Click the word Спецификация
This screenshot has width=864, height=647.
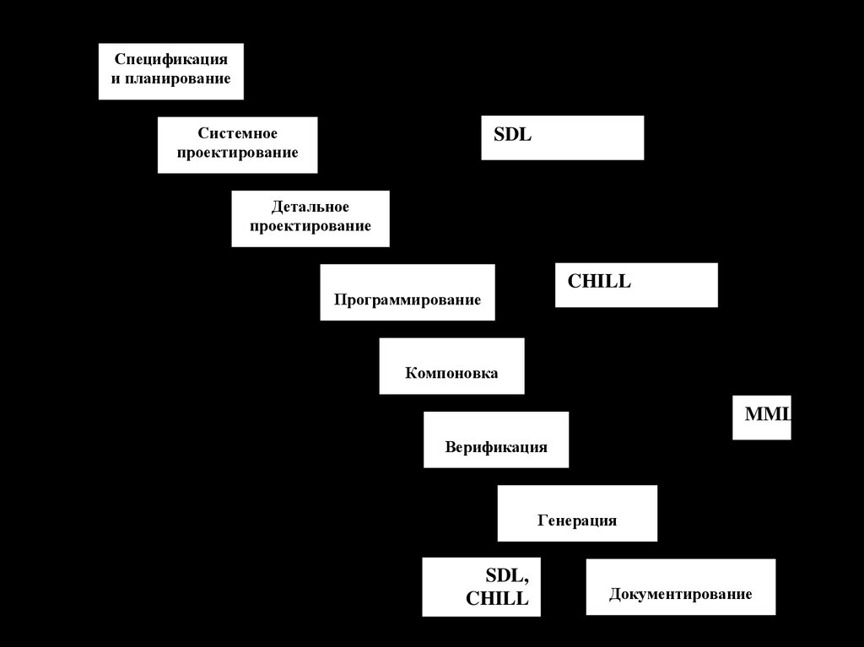coord(170,61)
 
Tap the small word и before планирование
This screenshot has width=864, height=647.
coord(116,79)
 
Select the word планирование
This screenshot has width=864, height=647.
coord(177,79)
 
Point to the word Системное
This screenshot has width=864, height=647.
coord(238,134)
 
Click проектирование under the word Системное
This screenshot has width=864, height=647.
coord(238,153)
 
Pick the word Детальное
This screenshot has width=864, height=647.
coord(310,208)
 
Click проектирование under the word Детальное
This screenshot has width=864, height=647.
coord(310,226)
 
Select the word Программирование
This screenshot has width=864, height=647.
coord(408,299)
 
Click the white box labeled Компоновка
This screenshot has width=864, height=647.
coord(451,365)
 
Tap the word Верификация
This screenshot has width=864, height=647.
coord(496,446)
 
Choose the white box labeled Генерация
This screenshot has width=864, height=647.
coord(577,513)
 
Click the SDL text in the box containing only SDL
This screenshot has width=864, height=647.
coord(513,135)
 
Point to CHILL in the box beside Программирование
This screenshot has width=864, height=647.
coord(599,282)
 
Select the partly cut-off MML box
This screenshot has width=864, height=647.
coord(762,417)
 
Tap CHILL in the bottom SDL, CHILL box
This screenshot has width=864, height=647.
coord(497,599)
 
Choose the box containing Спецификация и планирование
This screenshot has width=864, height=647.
coord(170,72)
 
